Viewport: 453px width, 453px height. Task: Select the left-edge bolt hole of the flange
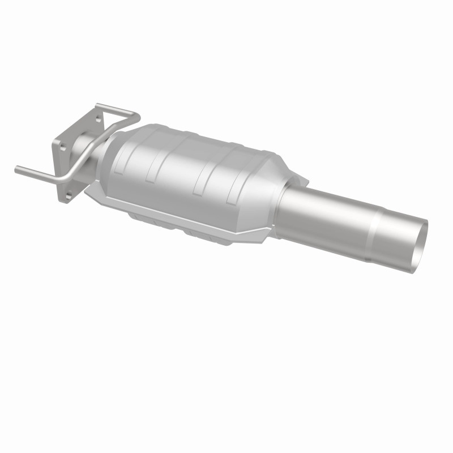click(62, 147)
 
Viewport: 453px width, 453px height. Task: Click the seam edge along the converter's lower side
click(187, 218)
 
